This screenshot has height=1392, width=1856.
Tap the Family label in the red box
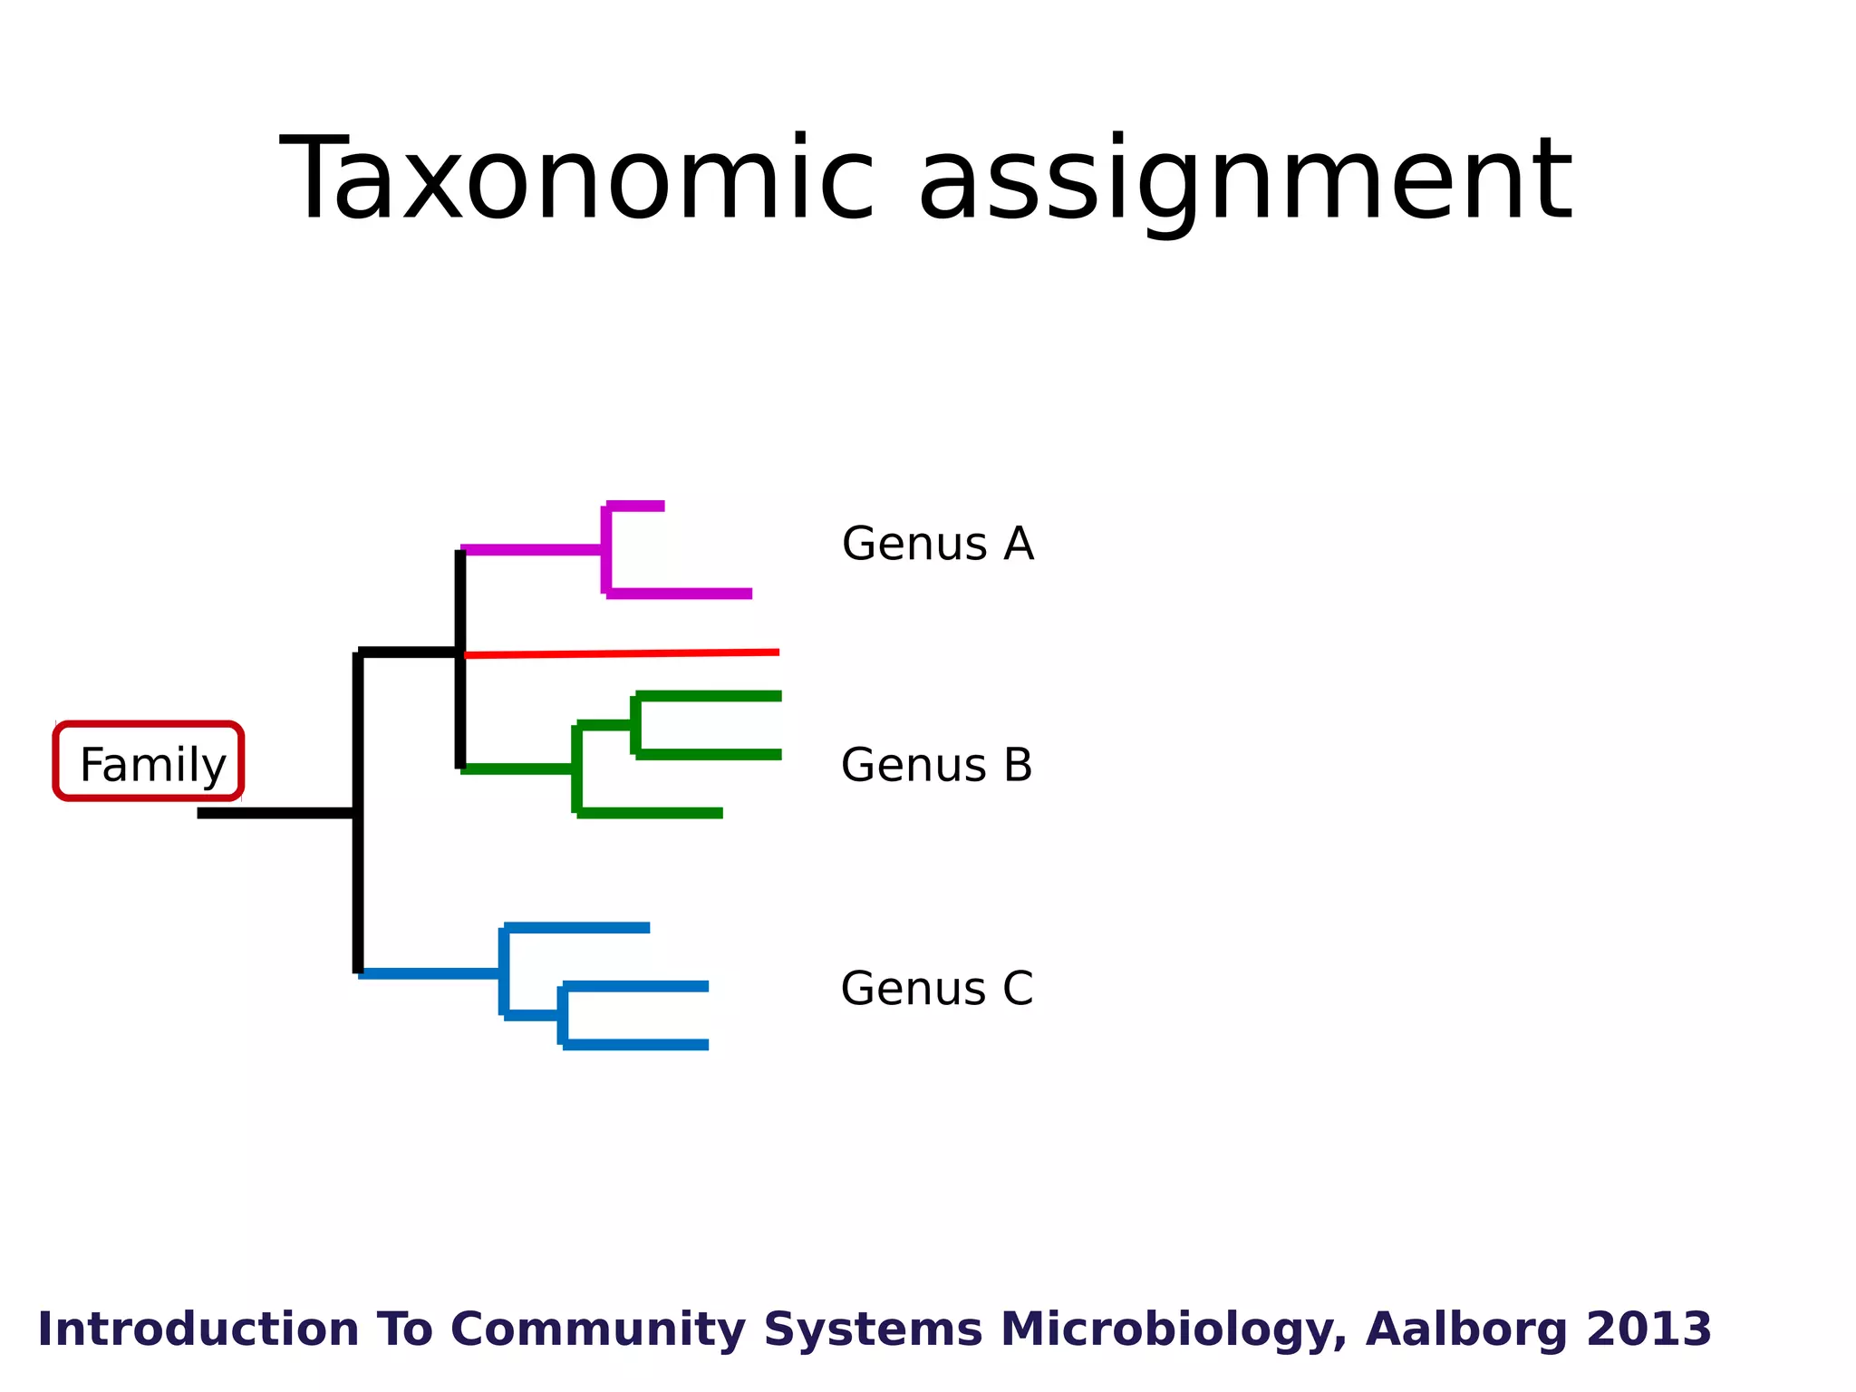click(x=152, y=764)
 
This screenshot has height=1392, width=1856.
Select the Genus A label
click(x=937, y=544)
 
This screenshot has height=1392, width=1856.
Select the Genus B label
click(x=936, y=765)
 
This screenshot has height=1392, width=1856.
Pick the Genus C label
click(x=936, y=988)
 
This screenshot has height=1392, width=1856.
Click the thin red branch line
click(x=625, y=653)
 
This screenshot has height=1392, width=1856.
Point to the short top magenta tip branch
click(x=636, y=506)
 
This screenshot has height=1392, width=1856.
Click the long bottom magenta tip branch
click(x=680, y=594)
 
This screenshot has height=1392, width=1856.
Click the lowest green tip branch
click(x=651, y=813)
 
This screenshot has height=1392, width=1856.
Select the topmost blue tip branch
click(x=578, y=927)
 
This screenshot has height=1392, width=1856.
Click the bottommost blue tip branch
click(x=636, y=1045)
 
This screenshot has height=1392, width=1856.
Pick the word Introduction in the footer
click(x=198, y=1329)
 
